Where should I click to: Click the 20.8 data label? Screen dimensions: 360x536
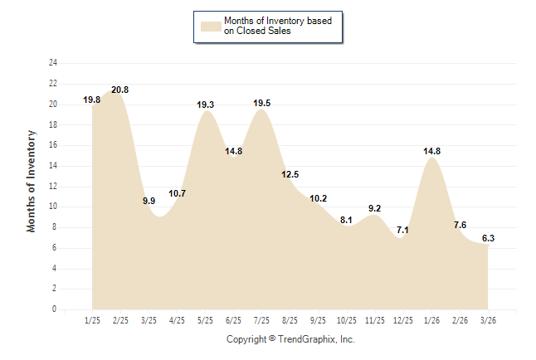tap(119, 90)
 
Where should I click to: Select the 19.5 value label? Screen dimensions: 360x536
tap(261, 103)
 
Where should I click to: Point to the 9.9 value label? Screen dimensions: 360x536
tap(149, 201)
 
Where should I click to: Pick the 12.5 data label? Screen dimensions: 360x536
tap(290, 174)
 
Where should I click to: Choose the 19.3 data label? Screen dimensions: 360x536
tap(206, 105)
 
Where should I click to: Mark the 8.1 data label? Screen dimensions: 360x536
tap(346, 220)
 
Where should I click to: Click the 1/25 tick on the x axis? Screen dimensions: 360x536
tap(93, 320)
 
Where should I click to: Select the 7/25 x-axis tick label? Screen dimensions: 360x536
tap(261, 320)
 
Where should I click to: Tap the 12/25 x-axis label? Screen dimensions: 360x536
tap(403, 320)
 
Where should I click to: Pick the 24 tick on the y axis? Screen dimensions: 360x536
tap(53, 63)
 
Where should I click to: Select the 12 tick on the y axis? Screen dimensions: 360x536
tap(53, 186)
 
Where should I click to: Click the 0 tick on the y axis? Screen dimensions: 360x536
tap(55, 309)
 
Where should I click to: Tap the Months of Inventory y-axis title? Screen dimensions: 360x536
tap(32, 181)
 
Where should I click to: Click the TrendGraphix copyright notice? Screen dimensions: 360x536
tap(290, 339)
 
